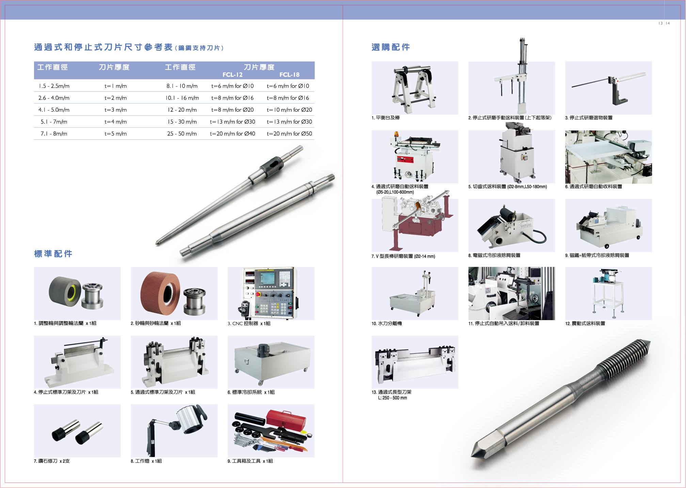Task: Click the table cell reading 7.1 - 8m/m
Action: (x=54, y=134)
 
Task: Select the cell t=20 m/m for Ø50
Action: (x=289, y=134)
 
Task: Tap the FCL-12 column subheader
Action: (x=233, y=75)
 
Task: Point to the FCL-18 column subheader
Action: (x=289, y=75)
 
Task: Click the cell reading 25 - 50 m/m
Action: (x=182, y=134)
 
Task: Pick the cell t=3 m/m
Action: (x=115, y=110)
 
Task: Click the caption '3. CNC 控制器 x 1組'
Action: (x=249, y=324)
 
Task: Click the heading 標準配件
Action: (x=53, y=254)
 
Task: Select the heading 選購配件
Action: (x=390, y=47)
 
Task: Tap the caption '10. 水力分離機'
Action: (x=386, y=324)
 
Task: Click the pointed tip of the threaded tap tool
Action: (x=472, y=456)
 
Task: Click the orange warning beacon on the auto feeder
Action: (x=396, y=135)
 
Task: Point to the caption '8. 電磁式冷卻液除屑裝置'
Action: (x=494, y=255)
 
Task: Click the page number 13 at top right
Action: (x=660, y=23)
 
